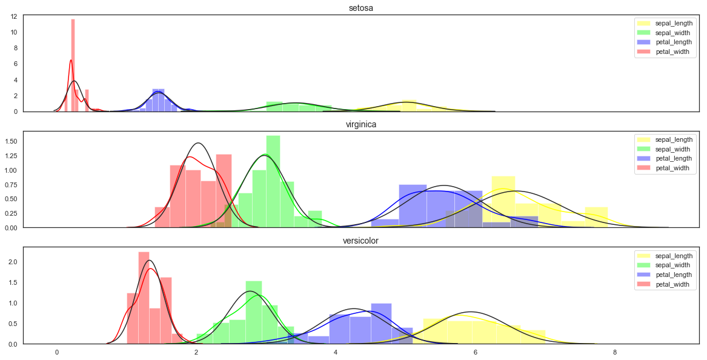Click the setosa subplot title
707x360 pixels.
(x=361, y=8)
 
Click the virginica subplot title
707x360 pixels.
(x=361, y=124)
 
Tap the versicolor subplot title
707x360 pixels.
(x=361, y=241)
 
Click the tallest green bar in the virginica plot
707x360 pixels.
(x=273, y=182)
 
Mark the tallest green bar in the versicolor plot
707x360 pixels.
(x=254, y=312)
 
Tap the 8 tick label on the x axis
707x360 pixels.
(x=615, y=352)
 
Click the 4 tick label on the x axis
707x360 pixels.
(x=336, y=352)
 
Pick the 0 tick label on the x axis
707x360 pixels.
(x=57, y=352)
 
